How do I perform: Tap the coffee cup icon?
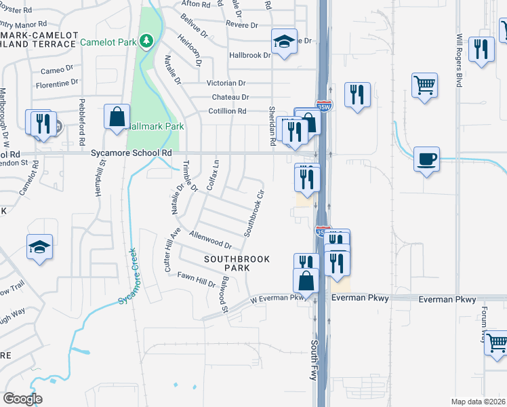tap(426, 159)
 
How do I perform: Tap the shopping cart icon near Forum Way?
tap(497, 343)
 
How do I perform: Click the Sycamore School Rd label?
tap(131, 154)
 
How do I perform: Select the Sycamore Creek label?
tap(127, 278)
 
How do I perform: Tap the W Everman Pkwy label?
tap(277, 298)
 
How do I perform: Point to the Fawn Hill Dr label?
tap(196, 279)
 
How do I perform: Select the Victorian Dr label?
tap(230, 83)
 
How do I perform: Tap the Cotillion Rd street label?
tap(227, 111)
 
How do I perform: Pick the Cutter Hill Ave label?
tap(172, 250)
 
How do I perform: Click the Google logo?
tap(22, 399)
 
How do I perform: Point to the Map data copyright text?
tap(478, 402)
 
